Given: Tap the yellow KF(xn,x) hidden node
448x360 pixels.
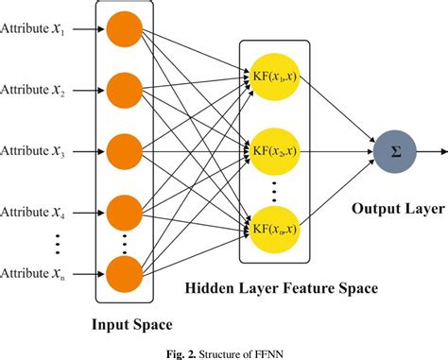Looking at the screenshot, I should point(275,227).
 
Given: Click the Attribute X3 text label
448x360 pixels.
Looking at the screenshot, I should point(34,150).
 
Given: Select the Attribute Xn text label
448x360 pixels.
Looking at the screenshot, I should point(34,272).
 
